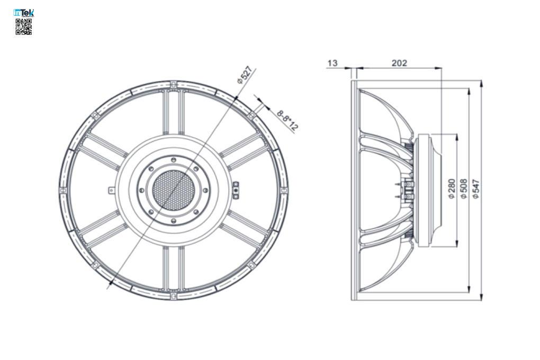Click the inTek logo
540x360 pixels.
[x=24, y=13]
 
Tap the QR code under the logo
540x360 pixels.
[x=24, y=27]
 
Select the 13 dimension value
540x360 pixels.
[x=332, y=63]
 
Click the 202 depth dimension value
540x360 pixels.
[x=399, y=63]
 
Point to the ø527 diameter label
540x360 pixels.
[x=245, y=75]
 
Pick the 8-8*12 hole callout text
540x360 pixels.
[x=287, y=120]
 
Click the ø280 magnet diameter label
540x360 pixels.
[x=452, y=188]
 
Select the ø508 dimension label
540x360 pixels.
[x=464, y=188]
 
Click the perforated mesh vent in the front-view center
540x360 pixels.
[x=173, y=190]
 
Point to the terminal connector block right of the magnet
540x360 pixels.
[x=236, y=190]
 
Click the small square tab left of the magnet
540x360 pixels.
[x=111, y=190]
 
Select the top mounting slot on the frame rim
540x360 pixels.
[x=173, y=84]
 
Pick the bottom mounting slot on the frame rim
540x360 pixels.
[x=173, y=296]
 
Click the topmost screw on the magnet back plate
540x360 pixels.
[x=173, y=160]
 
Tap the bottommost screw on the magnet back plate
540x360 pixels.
[x=173, y=220]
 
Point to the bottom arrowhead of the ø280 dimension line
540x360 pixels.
[x=457, y=243]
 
